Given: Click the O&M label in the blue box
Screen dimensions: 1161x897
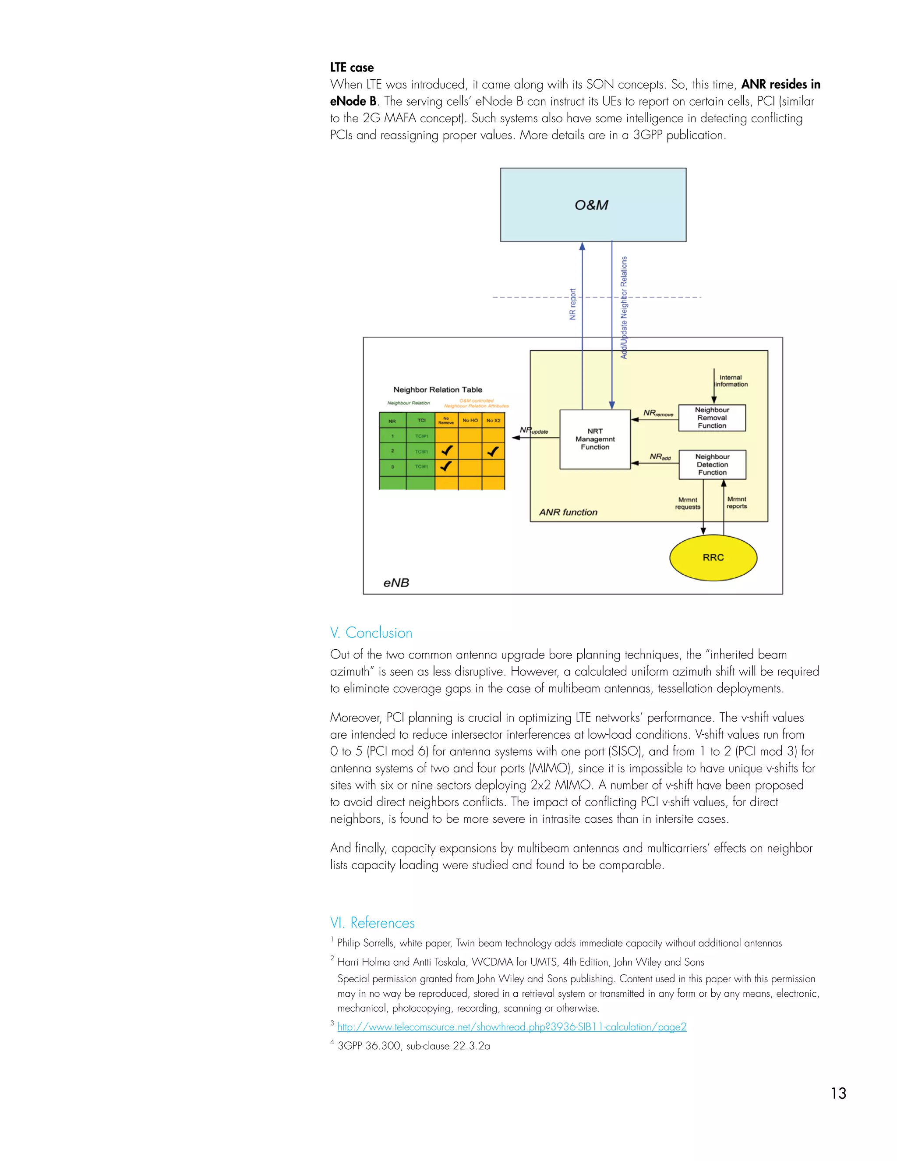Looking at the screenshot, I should [591, 205].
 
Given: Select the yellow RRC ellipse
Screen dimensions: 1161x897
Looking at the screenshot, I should [713, 557].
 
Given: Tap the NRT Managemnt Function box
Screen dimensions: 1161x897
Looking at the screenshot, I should [595, 439].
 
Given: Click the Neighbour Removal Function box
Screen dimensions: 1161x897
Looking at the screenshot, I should [712, 418].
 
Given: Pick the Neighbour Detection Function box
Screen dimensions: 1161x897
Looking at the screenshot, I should [712, 464].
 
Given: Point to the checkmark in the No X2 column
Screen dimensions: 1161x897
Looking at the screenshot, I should [493, 451].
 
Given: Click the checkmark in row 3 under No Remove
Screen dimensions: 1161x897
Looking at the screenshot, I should [446, 466].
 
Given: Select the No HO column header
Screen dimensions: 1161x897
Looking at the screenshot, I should [470, 421].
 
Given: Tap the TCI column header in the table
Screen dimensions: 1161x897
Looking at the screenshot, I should [421, 421].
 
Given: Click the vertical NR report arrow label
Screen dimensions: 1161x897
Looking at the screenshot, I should [572, 304].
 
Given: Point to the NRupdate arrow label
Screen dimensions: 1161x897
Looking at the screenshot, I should [533, 431].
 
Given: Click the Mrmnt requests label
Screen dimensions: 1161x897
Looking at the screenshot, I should [688, 503].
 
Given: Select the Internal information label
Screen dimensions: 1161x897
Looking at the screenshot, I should [731, 381].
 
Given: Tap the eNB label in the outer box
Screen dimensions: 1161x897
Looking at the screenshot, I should [396, 583].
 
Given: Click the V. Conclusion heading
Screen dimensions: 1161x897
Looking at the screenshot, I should [371, 633].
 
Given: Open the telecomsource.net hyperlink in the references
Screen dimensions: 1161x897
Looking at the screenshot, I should [511, 1026].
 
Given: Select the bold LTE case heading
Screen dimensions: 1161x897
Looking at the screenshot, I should [351, 67].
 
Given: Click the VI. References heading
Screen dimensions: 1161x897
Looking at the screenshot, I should [372, 922].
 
